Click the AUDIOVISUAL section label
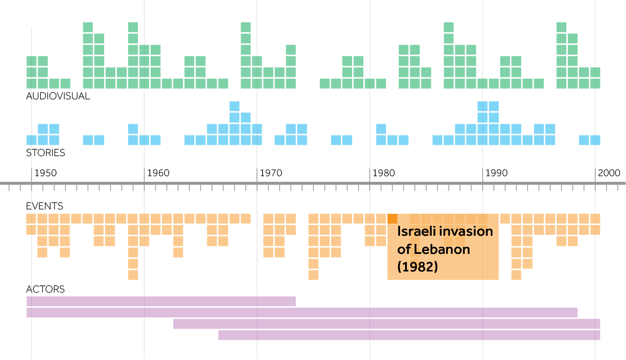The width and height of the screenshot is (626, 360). (58, 96)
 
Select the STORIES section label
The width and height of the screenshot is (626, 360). (45, 153)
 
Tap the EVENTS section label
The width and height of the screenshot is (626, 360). (45, 206)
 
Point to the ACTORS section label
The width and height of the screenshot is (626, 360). (45, 289)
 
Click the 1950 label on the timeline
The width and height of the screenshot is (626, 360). (45, 173)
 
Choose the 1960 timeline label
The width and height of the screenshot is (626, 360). (158, 173)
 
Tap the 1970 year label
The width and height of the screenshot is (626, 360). (271, 173)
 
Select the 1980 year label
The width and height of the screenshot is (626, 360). (383, 173)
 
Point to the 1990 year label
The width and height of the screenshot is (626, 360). (496, 173)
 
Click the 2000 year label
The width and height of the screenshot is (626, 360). (609, 173)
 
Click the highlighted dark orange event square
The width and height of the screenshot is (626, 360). (392, 219)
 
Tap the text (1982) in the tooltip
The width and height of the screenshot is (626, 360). (417, 267)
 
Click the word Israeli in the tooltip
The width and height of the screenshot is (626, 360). (416, 231)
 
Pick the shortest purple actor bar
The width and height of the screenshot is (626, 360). (161, 301)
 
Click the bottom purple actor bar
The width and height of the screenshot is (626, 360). (409, 335)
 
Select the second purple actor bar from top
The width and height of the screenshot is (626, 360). (302, 313)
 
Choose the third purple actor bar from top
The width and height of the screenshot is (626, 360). (386, 324)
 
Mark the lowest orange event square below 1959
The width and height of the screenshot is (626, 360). (133, 275)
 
